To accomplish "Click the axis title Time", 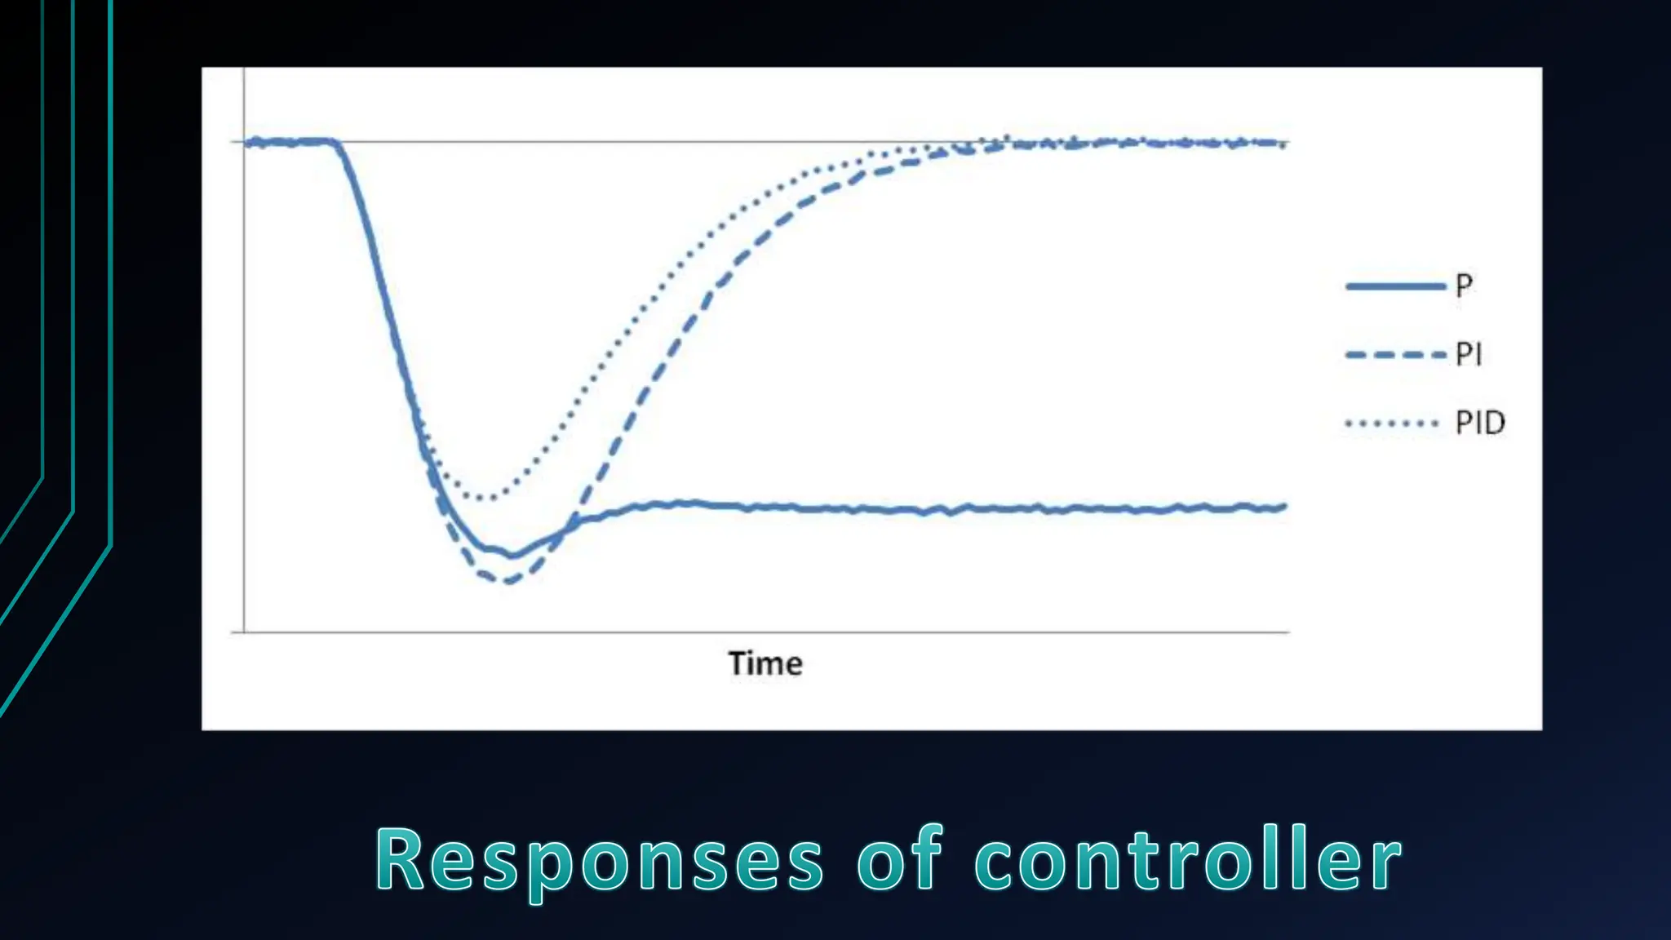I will click(x=765, y=663).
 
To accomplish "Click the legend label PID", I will click(x=1480, y=423).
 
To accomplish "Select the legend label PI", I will click(x=1469, y=354).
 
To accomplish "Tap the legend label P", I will click(x=1464, y=286).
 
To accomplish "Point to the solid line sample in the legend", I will click(x=1394, y=286).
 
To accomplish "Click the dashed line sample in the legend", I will click(x=1394, y=355).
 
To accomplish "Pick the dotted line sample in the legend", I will click(x=1392, y=423).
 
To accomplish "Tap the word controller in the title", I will click(x=1188, y=860).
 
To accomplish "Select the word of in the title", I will click(x=899, y=860).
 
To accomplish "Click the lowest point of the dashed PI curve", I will click(x=508, y=582).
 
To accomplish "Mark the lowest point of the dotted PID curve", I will click(x=487, y=497).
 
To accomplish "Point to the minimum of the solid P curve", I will click(x=512, y=556).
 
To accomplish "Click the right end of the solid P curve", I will click(x=1285, y=507).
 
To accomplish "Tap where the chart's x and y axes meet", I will click(x=244, y=632).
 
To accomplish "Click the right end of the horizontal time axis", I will click(x=1288, y=632).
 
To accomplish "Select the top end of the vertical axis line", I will click(x=244, y=69).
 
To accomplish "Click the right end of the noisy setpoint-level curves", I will click(x=1285, y=144).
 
